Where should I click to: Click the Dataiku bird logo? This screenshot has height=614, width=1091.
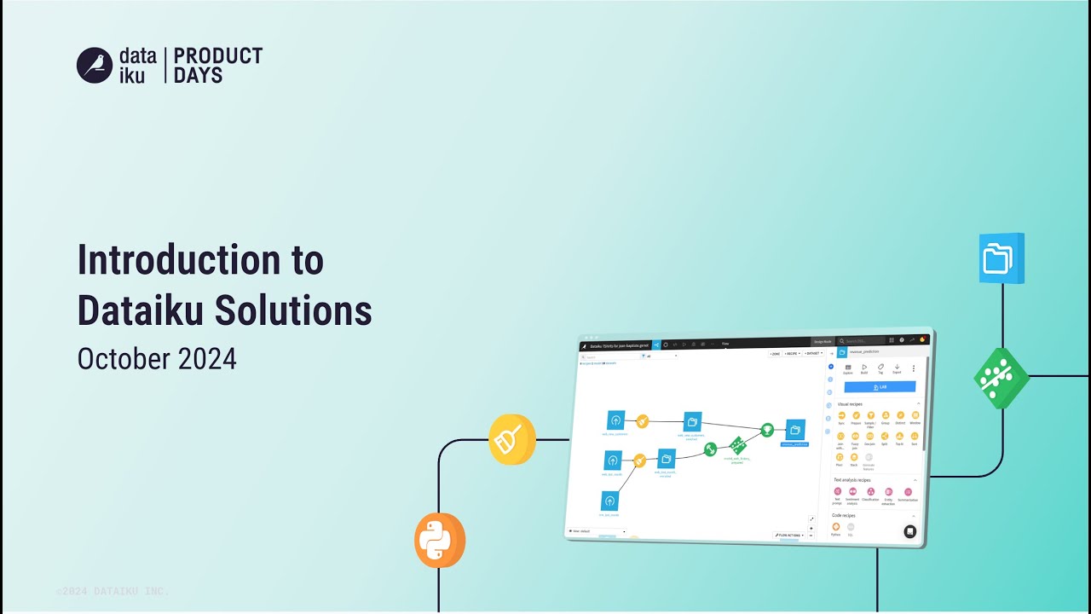click(95, 65)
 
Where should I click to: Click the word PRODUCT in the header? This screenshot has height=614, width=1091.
click(218, 56)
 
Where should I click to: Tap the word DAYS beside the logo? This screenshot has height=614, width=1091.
click(198, 76)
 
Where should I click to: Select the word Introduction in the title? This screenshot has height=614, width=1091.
click(178, 260)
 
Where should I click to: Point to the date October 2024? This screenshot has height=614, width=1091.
click(157, 359)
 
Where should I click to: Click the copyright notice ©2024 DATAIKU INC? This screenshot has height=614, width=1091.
click(113, 591)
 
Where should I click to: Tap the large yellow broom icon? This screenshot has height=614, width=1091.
click(511, 439)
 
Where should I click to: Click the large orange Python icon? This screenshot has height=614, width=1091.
click(440, 540)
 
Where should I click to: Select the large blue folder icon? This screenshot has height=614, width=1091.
click(1002, 258)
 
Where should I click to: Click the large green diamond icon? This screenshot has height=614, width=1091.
click(1002, 377)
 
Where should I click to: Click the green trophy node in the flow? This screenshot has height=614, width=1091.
click(767, 429)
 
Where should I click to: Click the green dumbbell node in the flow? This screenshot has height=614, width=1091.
click(737, 445)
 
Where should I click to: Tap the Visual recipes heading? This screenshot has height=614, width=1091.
click(850, 403)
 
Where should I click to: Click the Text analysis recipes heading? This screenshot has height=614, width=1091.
click(852, 480)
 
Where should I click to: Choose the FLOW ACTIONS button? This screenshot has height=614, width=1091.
click(789, 535)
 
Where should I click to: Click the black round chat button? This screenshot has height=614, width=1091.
click(909, 531)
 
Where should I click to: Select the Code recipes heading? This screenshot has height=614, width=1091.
click(844, 515)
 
